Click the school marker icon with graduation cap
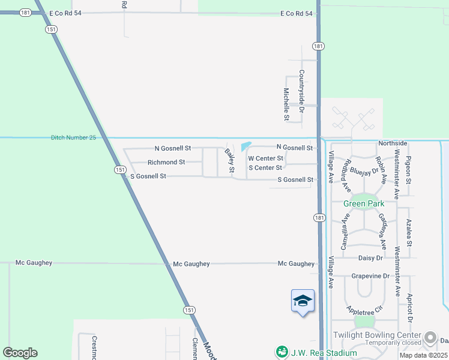303,301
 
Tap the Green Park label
364,203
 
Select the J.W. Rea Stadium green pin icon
281,351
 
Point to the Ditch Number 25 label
73,138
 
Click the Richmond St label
166,162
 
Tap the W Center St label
265,158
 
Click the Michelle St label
286,104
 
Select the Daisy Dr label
370,258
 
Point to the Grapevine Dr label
370,277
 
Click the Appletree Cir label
364,310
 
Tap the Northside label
393,143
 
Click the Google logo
20,353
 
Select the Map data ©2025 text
423,355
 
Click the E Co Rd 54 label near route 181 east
297,14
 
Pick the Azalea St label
409,233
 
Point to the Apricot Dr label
409,306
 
